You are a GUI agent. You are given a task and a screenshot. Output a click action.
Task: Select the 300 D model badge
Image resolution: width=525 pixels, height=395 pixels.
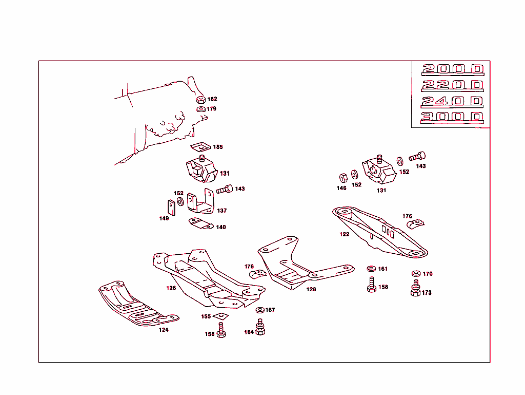[452, 117]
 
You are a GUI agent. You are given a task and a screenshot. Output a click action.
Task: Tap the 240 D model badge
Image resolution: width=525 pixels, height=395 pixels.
[452, 101]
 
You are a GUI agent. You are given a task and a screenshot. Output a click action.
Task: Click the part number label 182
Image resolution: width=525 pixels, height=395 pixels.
[212, 99]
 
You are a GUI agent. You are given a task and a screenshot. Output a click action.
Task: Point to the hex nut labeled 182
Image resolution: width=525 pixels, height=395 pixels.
[201, 100]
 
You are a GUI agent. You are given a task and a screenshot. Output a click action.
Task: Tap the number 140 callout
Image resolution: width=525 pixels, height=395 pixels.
[220, 227]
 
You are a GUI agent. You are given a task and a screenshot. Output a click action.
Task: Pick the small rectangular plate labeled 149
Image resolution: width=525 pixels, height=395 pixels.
[171, 206]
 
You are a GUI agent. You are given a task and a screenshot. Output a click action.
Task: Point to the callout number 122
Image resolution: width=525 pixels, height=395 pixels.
[345, 234]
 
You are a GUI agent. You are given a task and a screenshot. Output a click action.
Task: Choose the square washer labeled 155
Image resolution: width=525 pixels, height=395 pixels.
[220, 316]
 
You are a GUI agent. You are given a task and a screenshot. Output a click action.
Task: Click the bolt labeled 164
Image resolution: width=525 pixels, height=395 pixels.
[260, 327]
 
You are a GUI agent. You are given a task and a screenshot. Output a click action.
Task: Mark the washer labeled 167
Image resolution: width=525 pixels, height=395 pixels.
[259, 310]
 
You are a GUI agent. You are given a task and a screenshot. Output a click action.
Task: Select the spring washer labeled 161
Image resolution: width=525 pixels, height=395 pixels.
[372, 269]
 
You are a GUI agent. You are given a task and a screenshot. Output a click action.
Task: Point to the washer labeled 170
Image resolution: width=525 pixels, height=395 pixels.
[415, 273]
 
